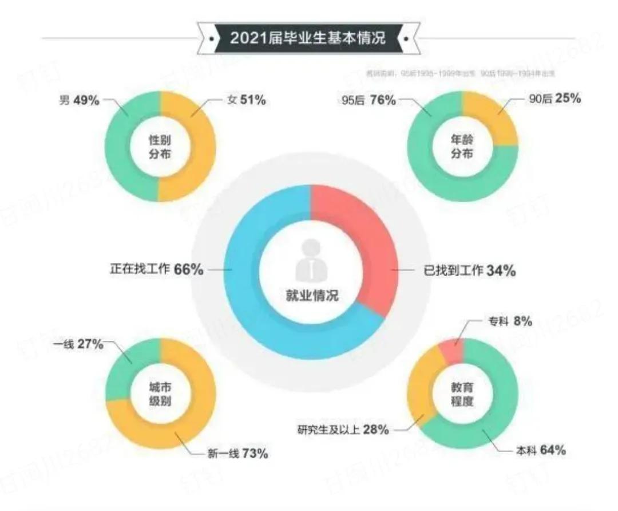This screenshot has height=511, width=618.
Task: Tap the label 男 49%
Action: [80, 100]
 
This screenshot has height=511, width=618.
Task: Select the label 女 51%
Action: [243, 100]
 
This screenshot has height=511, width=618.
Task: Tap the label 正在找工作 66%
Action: [156, 269]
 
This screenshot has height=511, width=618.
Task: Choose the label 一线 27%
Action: [78, 345]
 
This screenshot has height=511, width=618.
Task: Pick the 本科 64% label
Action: [537, 451]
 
